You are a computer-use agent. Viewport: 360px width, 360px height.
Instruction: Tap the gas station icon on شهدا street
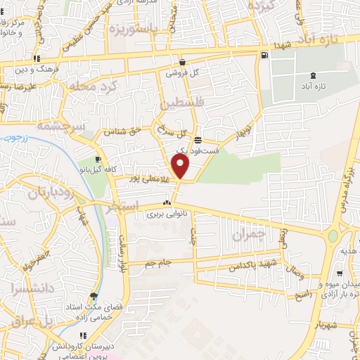[264, 56]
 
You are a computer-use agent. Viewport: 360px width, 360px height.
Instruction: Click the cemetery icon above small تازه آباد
[313, 75]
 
